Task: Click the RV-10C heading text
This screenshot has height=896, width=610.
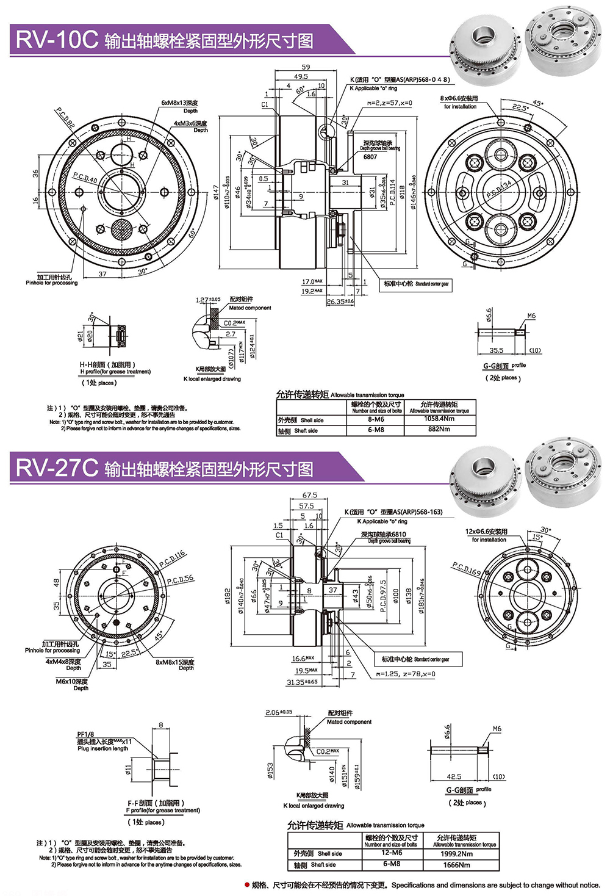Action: point(56,40)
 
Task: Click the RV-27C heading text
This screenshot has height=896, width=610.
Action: point(56,468)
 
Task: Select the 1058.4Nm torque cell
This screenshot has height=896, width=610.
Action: point(439,419)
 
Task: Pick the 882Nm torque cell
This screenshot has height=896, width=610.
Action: point(439,429)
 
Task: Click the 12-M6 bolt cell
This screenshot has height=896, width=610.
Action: point(391,853)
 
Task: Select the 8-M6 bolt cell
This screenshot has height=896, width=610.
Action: point(376,419)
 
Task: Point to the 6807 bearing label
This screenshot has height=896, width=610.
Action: point(370,157)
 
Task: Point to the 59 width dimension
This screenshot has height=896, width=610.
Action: point(306,67)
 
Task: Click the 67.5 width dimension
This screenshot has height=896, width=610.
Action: point(309,496)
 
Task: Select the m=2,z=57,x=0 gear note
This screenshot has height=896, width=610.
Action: point(390,103)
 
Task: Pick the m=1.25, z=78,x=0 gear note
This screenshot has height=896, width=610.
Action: point(406,674)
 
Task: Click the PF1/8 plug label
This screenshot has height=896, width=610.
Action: point(85,734)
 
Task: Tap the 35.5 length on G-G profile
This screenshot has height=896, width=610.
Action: point(497,350)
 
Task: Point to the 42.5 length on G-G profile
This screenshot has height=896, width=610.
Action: point(454,777)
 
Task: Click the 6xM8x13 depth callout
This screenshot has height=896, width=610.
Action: point(179,103)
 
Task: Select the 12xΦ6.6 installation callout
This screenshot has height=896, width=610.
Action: point(486,532)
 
